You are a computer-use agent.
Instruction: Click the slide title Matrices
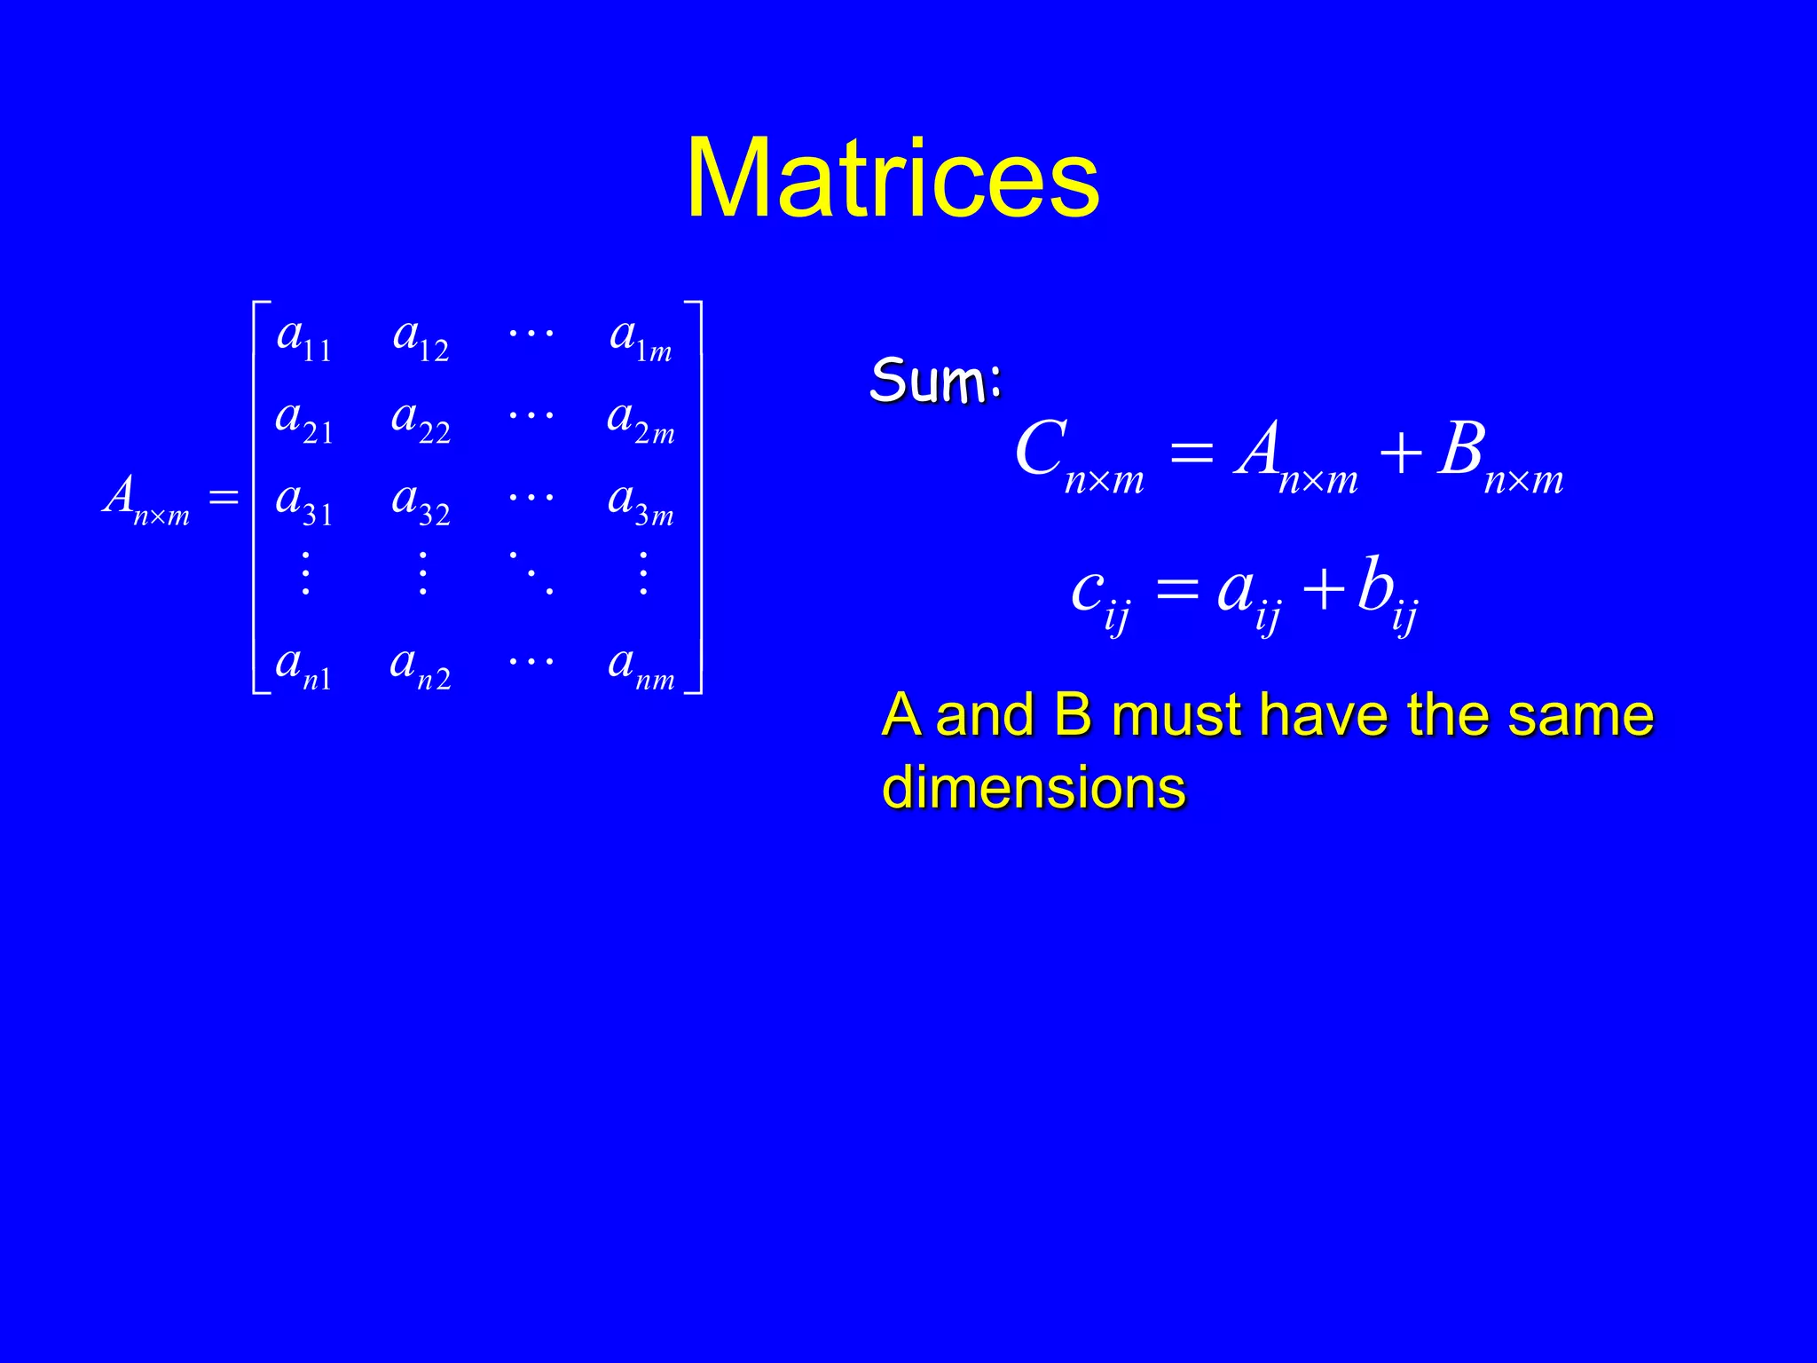(x=893, y=179)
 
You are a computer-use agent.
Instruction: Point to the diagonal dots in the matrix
(x=531, y=572)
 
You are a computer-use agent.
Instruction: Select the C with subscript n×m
(x=1078, y=456)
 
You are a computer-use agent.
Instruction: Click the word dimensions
(x=1034, y=787)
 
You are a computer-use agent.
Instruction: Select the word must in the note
(x=1176, y=715)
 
